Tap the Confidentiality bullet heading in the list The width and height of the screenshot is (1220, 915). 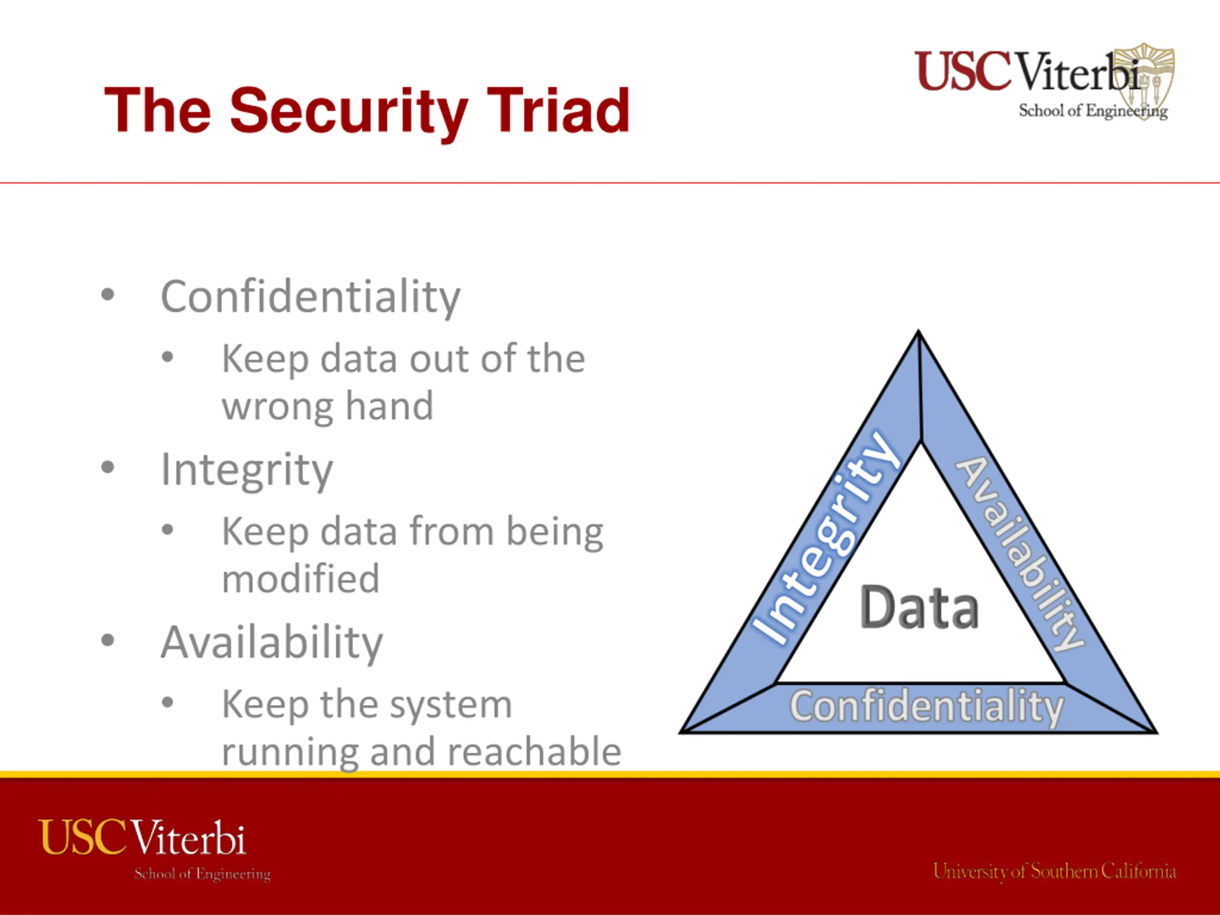(311, 298)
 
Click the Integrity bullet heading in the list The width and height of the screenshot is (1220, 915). (246, 470)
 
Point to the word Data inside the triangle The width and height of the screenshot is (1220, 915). (919, 607)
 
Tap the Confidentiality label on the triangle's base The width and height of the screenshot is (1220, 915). (926, 707)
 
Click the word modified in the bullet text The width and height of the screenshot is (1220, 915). (301, 579)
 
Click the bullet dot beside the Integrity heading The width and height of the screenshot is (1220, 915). (108, 468)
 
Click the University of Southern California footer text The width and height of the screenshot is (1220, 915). (1055, 872)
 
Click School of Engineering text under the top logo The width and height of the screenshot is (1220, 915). (1093, 112)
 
